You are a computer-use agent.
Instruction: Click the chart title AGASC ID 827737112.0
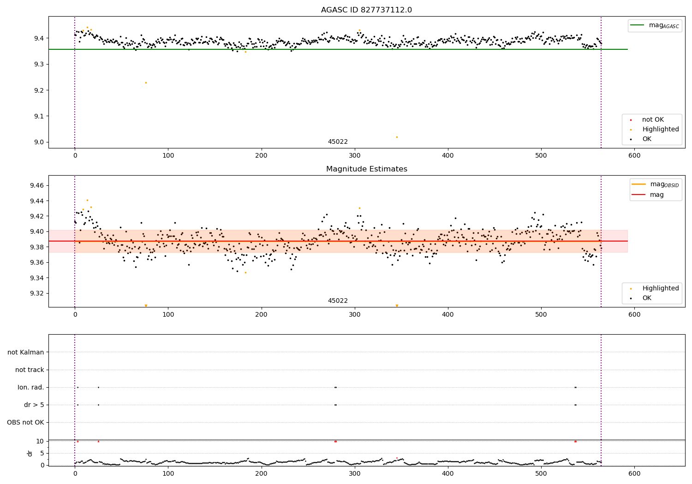(x=366, y=10)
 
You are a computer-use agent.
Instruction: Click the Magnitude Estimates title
(x=366, y=169)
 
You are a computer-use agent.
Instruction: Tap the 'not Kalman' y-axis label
(x=26, y=352)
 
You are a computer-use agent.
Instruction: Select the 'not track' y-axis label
(x=30, y=370)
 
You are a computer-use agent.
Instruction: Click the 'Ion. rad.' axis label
(x=31, y=387)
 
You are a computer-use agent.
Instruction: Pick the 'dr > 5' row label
(x=34, y=405)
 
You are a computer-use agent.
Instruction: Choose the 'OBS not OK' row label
(x=25, y=422)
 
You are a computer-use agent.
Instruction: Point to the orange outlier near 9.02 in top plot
(x=397, y=137)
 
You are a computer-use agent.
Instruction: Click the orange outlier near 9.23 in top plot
(x=146, y=83)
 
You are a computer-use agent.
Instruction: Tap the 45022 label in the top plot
(x=338, y=142)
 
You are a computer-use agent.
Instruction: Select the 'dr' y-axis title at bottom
(x=30, y=453)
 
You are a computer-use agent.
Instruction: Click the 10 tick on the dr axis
(x=40, y=441)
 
